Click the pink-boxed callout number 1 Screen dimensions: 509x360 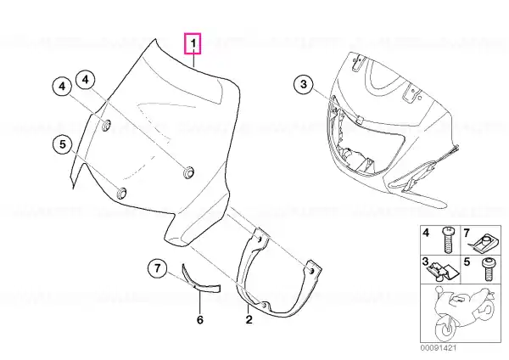[193, 43]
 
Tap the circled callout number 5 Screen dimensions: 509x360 [62, 144]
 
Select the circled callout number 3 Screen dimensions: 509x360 [304, 84]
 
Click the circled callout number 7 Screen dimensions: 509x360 [158, 268]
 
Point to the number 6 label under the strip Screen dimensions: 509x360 [200, 320]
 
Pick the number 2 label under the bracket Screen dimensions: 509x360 [249, 320]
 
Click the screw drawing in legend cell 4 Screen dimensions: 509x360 [448, 240]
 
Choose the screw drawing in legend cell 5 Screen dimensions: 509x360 [488, 270]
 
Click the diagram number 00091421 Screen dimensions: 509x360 [439, 348]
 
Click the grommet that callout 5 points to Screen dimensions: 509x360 [121, 194]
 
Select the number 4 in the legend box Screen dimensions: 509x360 [426, 233]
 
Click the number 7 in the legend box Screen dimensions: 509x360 [467, 233]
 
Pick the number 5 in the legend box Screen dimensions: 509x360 [467, 262]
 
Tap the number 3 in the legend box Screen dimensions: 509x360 [425, 262]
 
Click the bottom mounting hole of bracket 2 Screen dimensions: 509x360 [265, 306]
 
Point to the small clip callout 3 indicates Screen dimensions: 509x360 [359, 120]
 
